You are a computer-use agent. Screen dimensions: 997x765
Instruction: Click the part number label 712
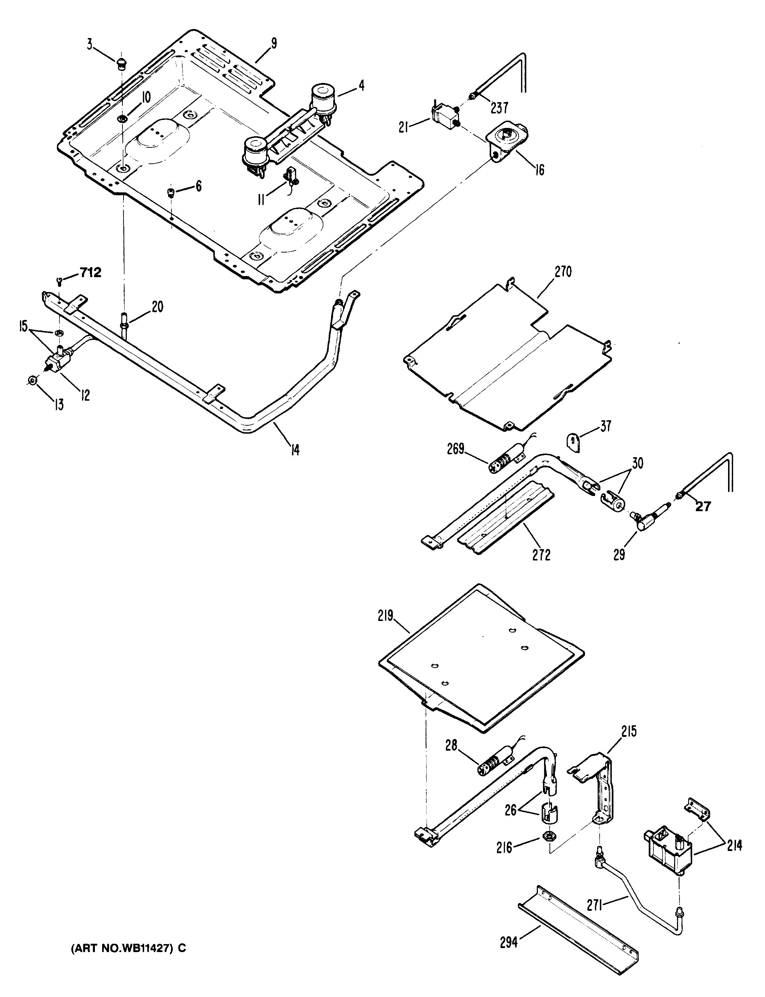[91, 273]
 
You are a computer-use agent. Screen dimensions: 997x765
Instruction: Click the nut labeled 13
[32, 380]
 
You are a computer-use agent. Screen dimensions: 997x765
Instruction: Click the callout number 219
[385, 616]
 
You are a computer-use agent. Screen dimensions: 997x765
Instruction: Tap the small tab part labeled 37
[573, 442]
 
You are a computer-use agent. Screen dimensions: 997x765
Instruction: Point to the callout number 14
[295, 450]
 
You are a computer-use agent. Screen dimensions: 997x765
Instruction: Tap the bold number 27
[703, 506]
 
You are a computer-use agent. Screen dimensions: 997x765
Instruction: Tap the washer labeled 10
[122, 119]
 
